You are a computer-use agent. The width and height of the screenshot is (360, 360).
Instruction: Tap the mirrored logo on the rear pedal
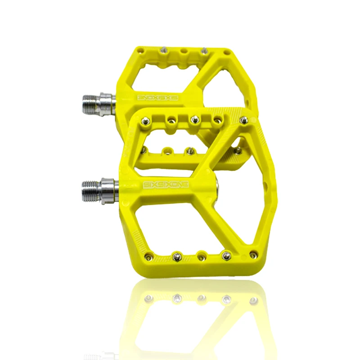(x=157, y=97)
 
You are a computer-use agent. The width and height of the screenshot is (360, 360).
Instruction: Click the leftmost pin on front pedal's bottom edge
(x=150, y=257)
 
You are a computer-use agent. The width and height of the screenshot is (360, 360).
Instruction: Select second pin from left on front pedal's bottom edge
(x=175, y=257)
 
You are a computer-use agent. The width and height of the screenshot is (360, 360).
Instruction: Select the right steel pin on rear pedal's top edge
(x=205, y=49)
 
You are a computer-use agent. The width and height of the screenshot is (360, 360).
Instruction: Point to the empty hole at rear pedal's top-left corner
(x=141, y=49)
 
